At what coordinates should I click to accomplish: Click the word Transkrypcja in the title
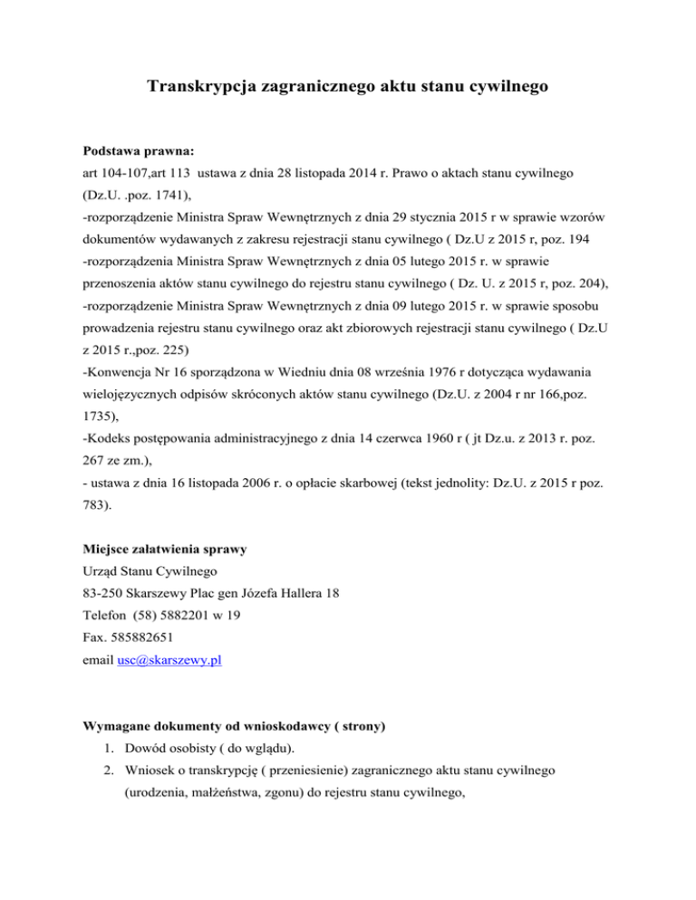click(x=203, y=88)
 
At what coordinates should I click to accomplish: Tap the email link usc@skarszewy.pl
click(x=169, y=661)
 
